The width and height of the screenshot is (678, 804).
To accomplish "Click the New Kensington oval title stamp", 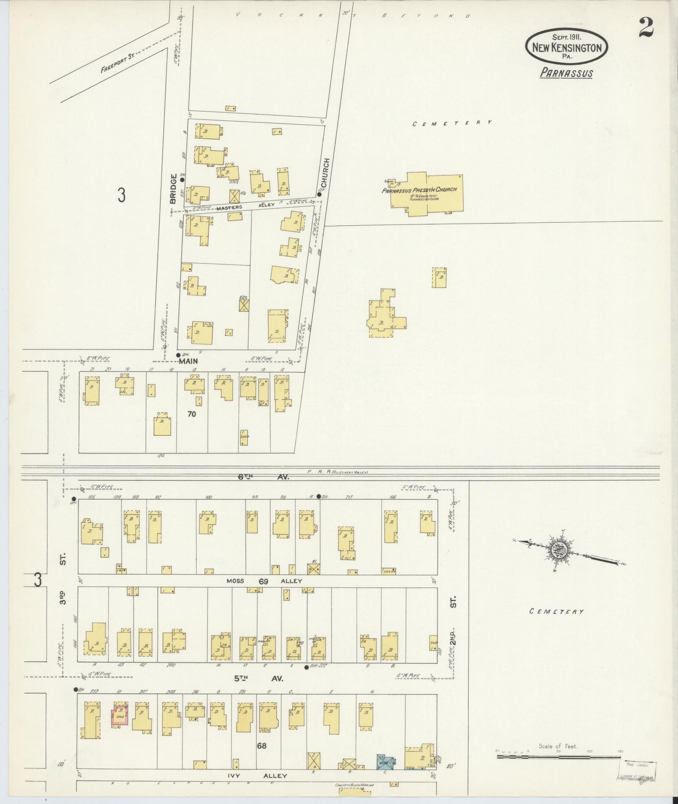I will pos(567,47).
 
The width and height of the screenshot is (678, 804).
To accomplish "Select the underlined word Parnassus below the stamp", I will pos(566,73).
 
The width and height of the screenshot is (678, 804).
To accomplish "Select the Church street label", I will pos(327,173).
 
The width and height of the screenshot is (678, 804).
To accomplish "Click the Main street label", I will pos(188,361).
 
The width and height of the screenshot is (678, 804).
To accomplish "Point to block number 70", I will pos(191,414).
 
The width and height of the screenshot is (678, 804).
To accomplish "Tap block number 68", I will pos(261,745).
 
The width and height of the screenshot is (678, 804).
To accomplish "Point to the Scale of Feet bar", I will pos(558,757).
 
